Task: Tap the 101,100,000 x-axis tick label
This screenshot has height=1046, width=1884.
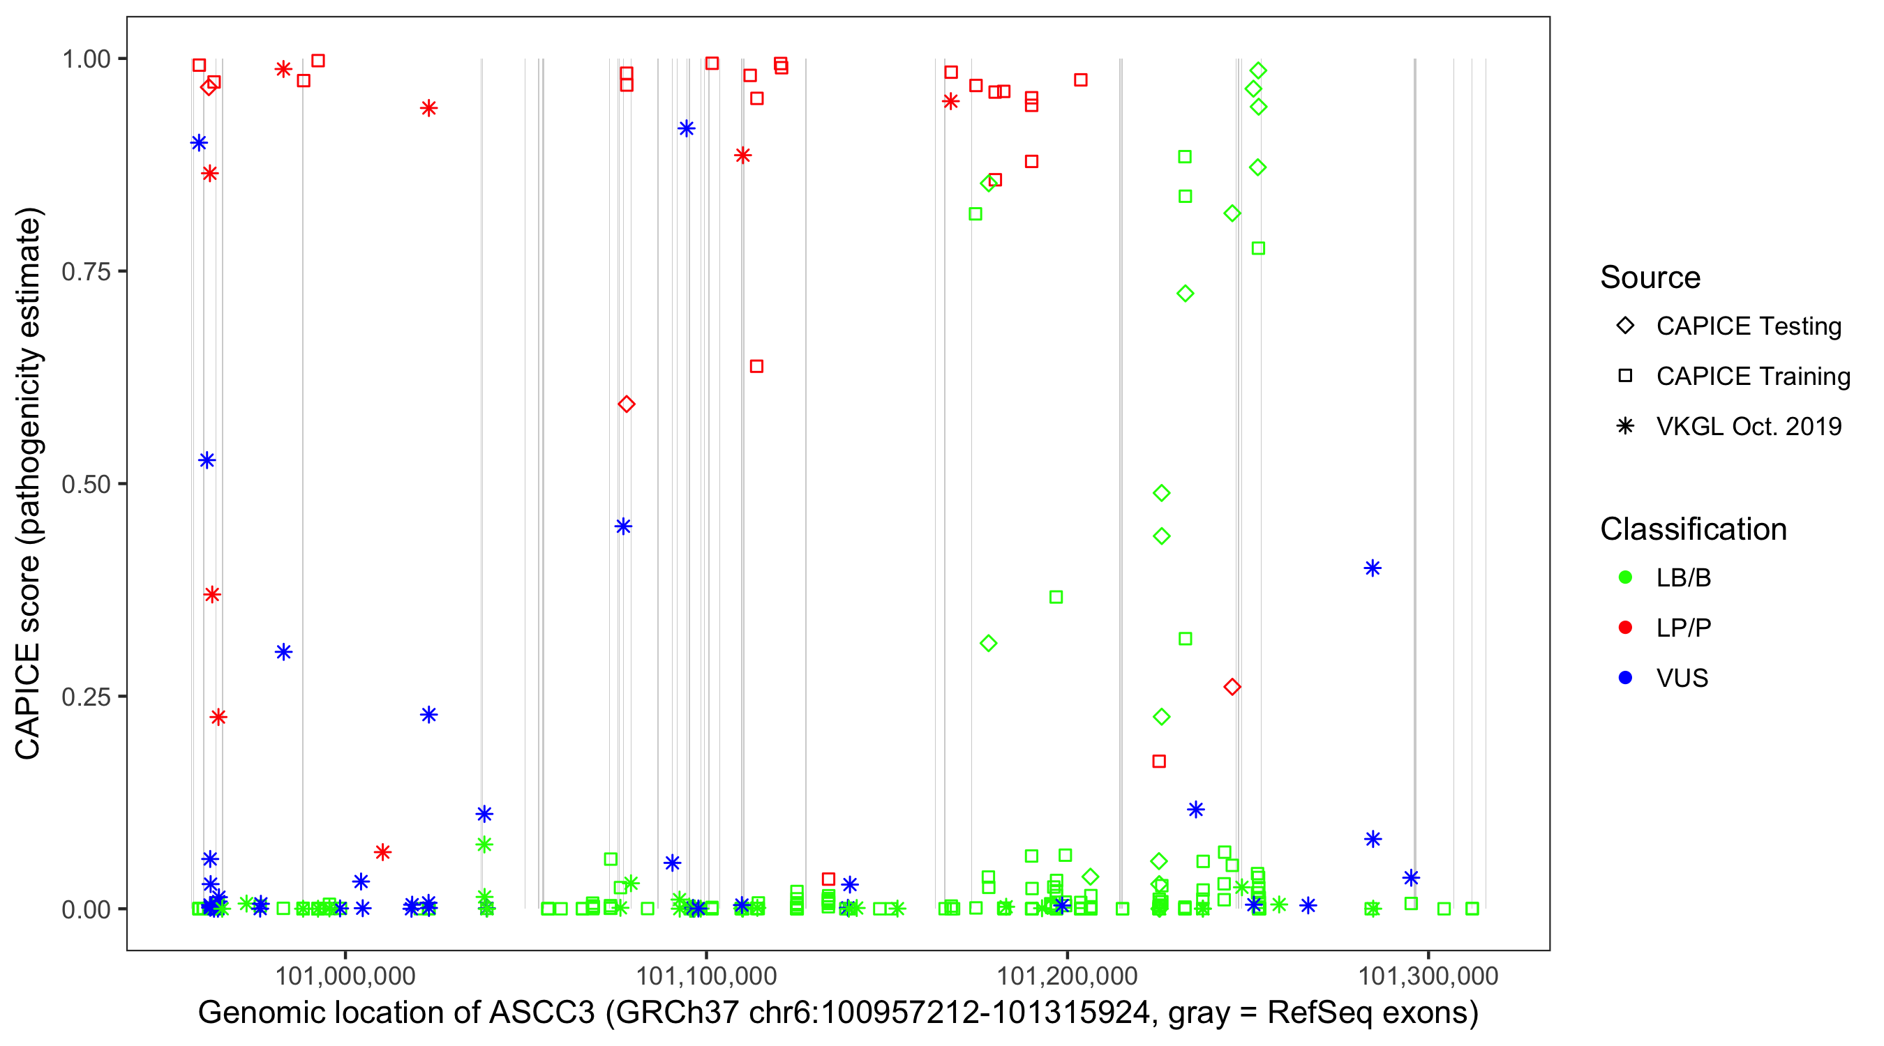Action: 705,975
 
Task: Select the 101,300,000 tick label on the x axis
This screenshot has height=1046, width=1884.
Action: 1428,975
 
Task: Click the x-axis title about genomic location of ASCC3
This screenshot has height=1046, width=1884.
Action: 837,1013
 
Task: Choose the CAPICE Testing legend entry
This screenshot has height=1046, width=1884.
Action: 1748,326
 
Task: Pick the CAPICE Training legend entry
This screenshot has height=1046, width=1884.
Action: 1752,377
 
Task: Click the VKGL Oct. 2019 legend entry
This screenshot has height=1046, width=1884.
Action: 1748,426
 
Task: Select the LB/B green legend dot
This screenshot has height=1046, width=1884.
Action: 1625,577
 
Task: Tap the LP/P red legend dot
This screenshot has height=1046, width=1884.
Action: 1625,628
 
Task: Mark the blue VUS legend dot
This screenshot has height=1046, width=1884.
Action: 1625,678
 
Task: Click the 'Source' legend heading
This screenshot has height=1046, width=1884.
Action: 1650,278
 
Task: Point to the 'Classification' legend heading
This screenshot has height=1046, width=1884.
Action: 1693,529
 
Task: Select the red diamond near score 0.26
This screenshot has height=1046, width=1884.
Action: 1232,687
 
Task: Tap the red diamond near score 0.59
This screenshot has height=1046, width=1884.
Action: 626,404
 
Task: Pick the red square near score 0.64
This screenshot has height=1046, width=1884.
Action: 757,366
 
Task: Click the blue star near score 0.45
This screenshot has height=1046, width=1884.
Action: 623,526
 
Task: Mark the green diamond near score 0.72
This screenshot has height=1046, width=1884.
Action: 1186,294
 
